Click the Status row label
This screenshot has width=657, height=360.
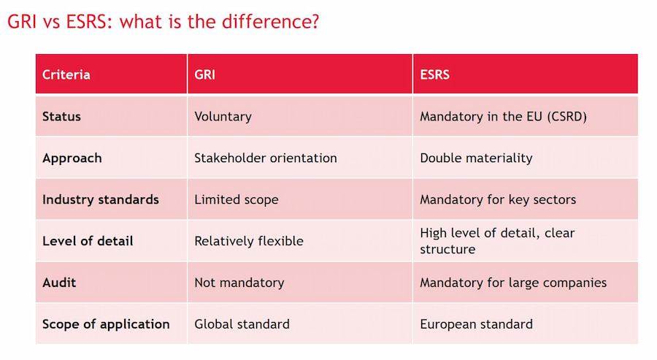[x=61, y=117]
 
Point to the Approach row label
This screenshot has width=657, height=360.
[x=72, y=158]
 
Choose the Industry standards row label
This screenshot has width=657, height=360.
[x=101, y=199]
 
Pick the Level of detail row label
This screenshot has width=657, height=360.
[x=88, y=241]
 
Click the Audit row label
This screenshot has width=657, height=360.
[x=59, y=283]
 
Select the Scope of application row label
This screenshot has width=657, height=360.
[x=106, y=324]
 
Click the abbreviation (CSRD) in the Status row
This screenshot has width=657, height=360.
[x=567, y=117]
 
